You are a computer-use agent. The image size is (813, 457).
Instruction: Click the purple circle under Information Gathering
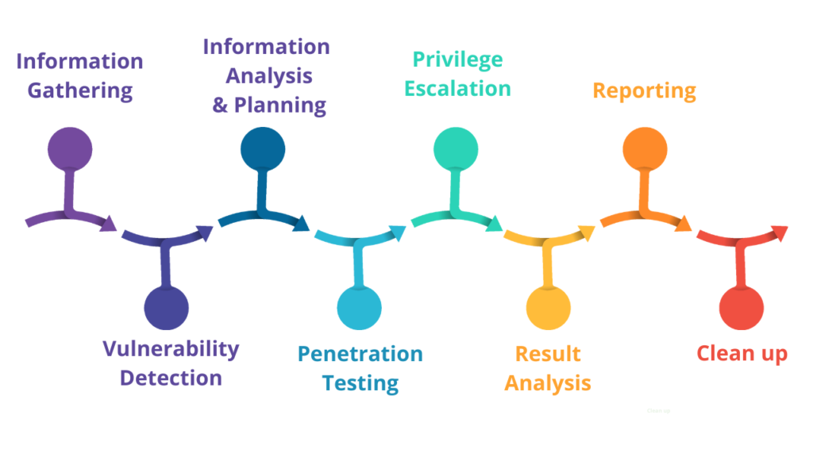point(70,148)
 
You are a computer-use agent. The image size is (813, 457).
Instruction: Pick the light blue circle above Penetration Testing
point(360,308)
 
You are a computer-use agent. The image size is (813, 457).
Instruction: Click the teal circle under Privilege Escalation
point(456,148)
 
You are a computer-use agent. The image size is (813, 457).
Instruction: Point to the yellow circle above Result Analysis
point(549,308)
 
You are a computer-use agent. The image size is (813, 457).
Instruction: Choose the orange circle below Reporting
point(645,148)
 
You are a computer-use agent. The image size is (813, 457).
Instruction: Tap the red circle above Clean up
point(742,308)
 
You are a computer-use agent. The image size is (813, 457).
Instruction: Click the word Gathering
point(80,90)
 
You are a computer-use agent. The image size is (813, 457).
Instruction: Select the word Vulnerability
point(171,348)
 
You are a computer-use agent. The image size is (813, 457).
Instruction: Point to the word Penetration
point(360,354)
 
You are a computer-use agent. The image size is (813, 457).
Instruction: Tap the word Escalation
point(457,88)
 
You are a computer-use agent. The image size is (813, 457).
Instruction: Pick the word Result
point(548,354)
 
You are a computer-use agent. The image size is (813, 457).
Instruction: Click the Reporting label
point(645,90)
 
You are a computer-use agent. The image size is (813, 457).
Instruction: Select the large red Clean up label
point(742,353)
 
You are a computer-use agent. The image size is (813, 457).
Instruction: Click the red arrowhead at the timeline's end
point(780,232)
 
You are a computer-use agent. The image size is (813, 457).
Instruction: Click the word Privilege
point(457,60)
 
